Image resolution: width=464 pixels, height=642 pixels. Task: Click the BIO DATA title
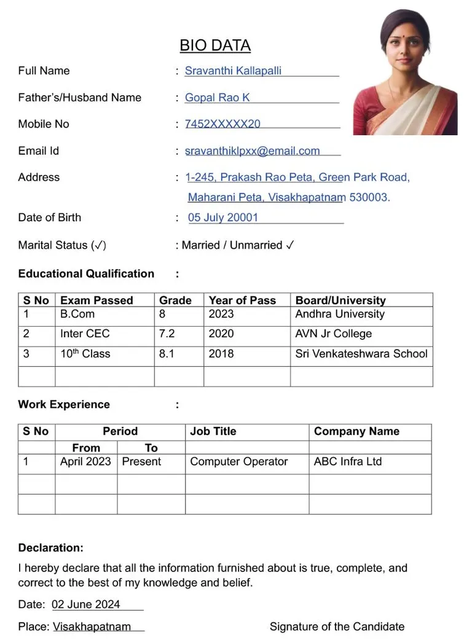coord(215,45)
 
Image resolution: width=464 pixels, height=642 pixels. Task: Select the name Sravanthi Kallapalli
coord(233,71)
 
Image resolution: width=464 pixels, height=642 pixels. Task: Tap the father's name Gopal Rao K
coord(217,98)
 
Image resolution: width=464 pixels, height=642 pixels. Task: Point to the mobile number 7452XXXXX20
coord(222,124)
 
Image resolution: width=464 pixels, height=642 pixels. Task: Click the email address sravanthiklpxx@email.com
coord(252,151)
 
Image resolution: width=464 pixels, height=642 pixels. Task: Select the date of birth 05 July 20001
coord(223,217)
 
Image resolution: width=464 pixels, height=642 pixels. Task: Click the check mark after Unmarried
coord(290,245)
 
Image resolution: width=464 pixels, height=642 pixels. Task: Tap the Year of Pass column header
coord(242,300)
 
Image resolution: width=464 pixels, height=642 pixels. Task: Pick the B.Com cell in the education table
coord(77,314)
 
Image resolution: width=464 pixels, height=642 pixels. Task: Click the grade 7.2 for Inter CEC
coord(167,334)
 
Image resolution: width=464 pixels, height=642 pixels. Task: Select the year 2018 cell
coord(221,353)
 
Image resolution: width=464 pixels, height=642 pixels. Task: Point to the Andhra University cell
coord(340,314)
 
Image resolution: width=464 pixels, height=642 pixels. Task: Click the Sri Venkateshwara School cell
coord(361,353)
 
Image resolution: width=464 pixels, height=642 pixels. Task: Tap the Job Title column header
coord(213,431)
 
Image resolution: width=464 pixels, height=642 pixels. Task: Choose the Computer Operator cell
coord(239,461)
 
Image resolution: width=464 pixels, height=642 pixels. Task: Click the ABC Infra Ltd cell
coord(348,461)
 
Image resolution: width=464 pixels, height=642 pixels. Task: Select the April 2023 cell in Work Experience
coord(85,461)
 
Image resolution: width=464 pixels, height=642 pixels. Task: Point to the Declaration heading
coord(51,547)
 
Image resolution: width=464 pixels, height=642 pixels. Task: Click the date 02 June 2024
coord(86,605)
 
